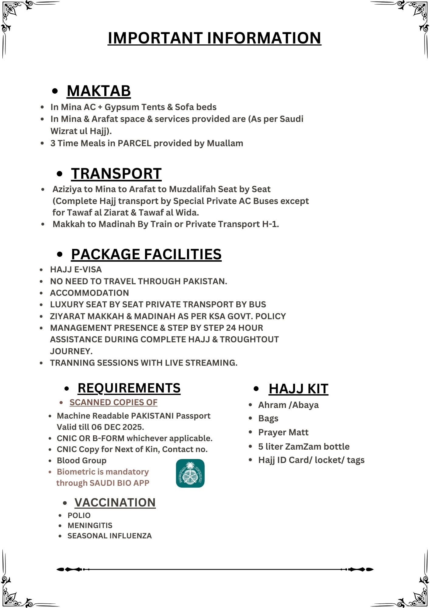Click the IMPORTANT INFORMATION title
click(214, 38)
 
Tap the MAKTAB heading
click(99, 91)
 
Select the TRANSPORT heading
click(116, 174)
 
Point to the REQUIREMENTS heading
click(129, 388)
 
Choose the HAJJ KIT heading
click(298, 389)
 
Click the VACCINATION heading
click(115, 503)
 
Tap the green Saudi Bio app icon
click(190, 473)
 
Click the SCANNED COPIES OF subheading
click(113, 402)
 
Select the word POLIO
click(79, 516)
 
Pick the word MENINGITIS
click(90, 526)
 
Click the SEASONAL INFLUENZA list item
click(109, 536)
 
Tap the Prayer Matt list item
click(283, 432)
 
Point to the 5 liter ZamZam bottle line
click(304, 447)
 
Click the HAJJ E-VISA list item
click(76, 270)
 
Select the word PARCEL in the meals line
click(134, 143)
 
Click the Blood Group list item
click(81, 461)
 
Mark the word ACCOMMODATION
click(89, 293)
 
